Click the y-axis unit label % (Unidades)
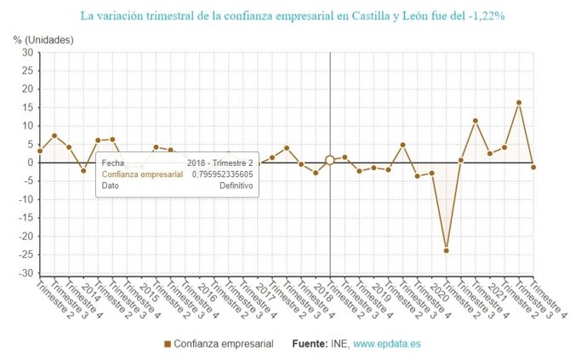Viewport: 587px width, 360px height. pyautogui.click(x=43, y=40)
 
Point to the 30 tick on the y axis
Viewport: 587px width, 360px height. pyautogui.click(x=26, y=53)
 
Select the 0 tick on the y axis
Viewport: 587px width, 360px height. pyautogui.click(x=30, y=163)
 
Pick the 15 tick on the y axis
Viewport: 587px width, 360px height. pyautogui.click(x=26, y=108)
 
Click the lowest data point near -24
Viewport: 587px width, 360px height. pyautogui.click(x=446, y=250)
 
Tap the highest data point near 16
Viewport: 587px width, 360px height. pyautogui.click(x=519, y=103)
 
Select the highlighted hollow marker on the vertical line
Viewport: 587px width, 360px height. pyautogui.click(x=329, y=160)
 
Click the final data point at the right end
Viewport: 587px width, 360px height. pyautogui.click(x=533, y=167)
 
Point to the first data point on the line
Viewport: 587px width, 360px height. pyautogui.click(x=40, y=151)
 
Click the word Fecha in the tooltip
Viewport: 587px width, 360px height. pyautogui.click(x=112, y=162)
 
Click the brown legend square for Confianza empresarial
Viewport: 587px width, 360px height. pyautogui.click(x=168, y=344)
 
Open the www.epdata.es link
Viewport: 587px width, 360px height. pyautogui.click(x=387, y=344)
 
